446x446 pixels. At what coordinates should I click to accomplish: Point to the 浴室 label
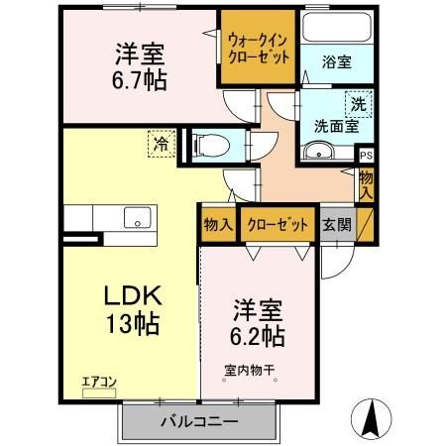(x=336, y=61)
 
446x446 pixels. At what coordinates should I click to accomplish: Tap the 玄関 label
(x=335, y=225)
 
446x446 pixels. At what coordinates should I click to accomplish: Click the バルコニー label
(x=198, y=420)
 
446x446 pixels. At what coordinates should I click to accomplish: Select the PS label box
(x=366, y=156)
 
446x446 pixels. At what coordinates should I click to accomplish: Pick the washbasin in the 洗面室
(x=320, y=153)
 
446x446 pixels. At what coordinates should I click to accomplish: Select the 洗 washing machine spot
(x=355, y=102)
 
